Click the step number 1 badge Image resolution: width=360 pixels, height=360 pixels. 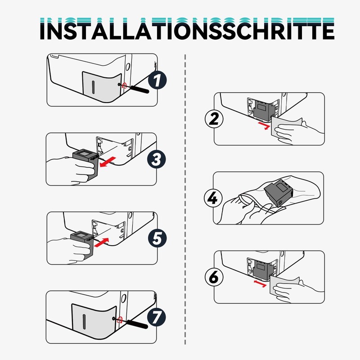(x=157, y=80)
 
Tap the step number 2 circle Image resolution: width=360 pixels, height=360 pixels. (x=214, y=119)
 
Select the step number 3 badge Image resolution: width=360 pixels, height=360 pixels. (x=157, y=159)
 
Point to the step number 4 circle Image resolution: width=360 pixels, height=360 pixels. (x=213, y=198)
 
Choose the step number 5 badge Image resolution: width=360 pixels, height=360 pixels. (x=157, y=238)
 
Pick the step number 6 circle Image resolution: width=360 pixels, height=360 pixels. (x=214, y=277)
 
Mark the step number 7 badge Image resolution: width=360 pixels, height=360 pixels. (x=156, y=317)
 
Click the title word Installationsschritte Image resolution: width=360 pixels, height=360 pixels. (x=187, y=29)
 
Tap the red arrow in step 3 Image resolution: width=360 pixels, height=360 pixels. (x=108, y=162)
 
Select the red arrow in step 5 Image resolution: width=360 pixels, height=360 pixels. (x=102, y=243)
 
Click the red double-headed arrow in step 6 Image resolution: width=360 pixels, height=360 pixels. (x=260, y=283)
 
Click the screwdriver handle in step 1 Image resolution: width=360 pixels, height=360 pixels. (x=140, y=90)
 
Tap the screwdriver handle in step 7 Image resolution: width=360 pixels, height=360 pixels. (x=138, y=324)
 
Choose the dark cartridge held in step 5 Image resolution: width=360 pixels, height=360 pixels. (x=83, y=244)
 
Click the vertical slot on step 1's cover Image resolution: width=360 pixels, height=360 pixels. (x=93, y=87)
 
